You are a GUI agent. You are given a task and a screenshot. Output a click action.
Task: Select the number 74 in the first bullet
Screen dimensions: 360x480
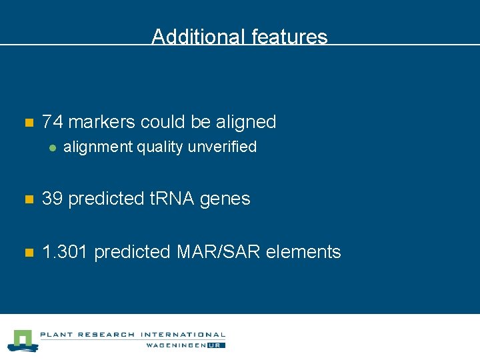click(52, 122)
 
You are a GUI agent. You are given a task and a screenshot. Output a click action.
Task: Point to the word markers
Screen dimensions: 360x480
click(98, 122)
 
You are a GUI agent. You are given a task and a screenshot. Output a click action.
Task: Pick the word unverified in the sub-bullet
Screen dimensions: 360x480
click(222, 147)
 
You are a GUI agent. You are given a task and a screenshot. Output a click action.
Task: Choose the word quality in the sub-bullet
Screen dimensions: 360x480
click(160, 147)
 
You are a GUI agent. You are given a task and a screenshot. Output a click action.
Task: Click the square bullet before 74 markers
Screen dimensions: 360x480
click(28, 123)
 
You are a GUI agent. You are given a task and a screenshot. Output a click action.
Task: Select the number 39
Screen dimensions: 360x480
click(53, 199)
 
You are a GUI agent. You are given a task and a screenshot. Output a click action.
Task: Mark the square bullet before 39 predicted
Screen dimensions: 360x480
click(28, 199)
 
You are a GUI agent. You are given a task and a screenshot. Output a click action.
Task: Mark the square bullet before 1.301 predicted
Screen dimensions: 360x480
click(28, 253)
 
